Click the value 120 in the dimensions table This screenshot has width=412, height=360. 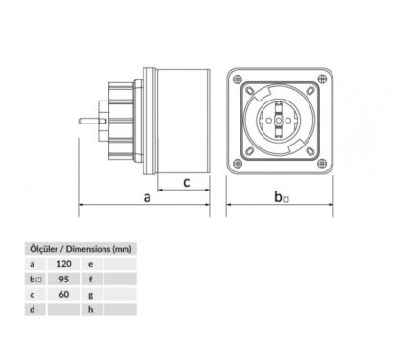click(x=64, y=264)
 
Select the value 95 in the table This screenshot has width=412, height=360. click(x=64, y=280)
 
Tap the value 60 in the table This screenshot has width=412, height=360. click(x=64, y=294)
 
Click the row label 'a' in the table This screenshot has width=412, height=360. click(x=33, y=264)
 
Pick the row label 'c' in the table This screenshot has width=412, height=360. click(x=33, y=295)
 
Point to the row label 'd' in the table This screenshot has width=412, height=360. click(x=33, y=309)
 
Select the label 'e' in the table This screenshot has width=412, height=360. click(x=91, y=264)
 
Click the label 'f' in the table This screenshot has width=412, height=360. click(x=91, y=280)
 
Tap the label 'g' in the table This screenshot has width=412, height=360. click(x=91, y=295)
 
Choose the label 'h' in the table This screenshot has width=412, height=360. click(x=91, y=309)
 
